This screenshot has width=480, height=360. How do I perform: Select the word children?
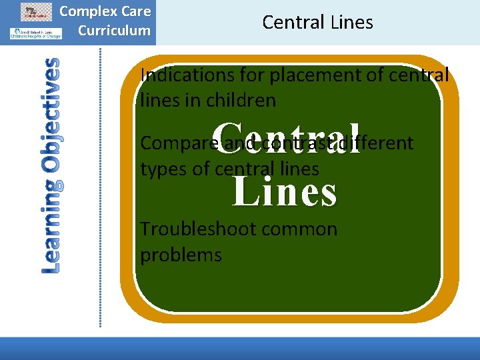[x=243, y=101]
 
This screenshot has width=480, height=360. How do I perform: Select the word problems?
[x=181, y=255]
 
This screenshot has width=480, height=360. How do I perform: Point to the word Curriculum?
[x=114, y=30]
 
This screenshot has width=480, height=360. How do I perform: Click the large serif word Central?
[x=289, y=137]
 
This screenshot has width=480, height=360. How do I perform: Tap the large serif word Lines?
[x=285, y=190]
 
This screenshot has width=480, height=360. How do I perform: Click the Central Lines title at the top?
[x=317, y=22]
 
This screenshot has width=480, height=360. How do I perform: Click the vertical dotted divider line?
[x=101, y=187]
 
